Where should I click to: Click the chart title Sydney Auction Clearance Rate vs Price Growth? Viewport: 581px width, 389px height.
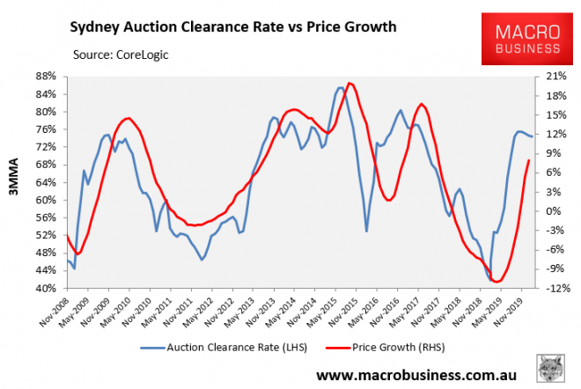[232, 27]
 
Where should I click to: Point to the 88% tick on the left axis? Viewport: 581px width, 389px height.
[48, 77]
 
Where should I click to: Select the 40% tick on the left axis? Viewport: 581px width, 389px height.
[48, 289]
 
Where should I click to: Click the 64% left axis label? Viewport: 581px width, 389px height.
[48, 182]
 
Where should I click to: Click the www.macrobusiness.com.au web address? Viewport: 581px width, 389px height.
[414, 376]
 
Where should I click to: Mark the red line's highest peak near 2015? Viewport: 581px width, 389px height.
[350, 84]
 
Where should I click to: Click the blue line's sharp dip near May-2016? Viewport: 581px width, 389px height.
[367, 231]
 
